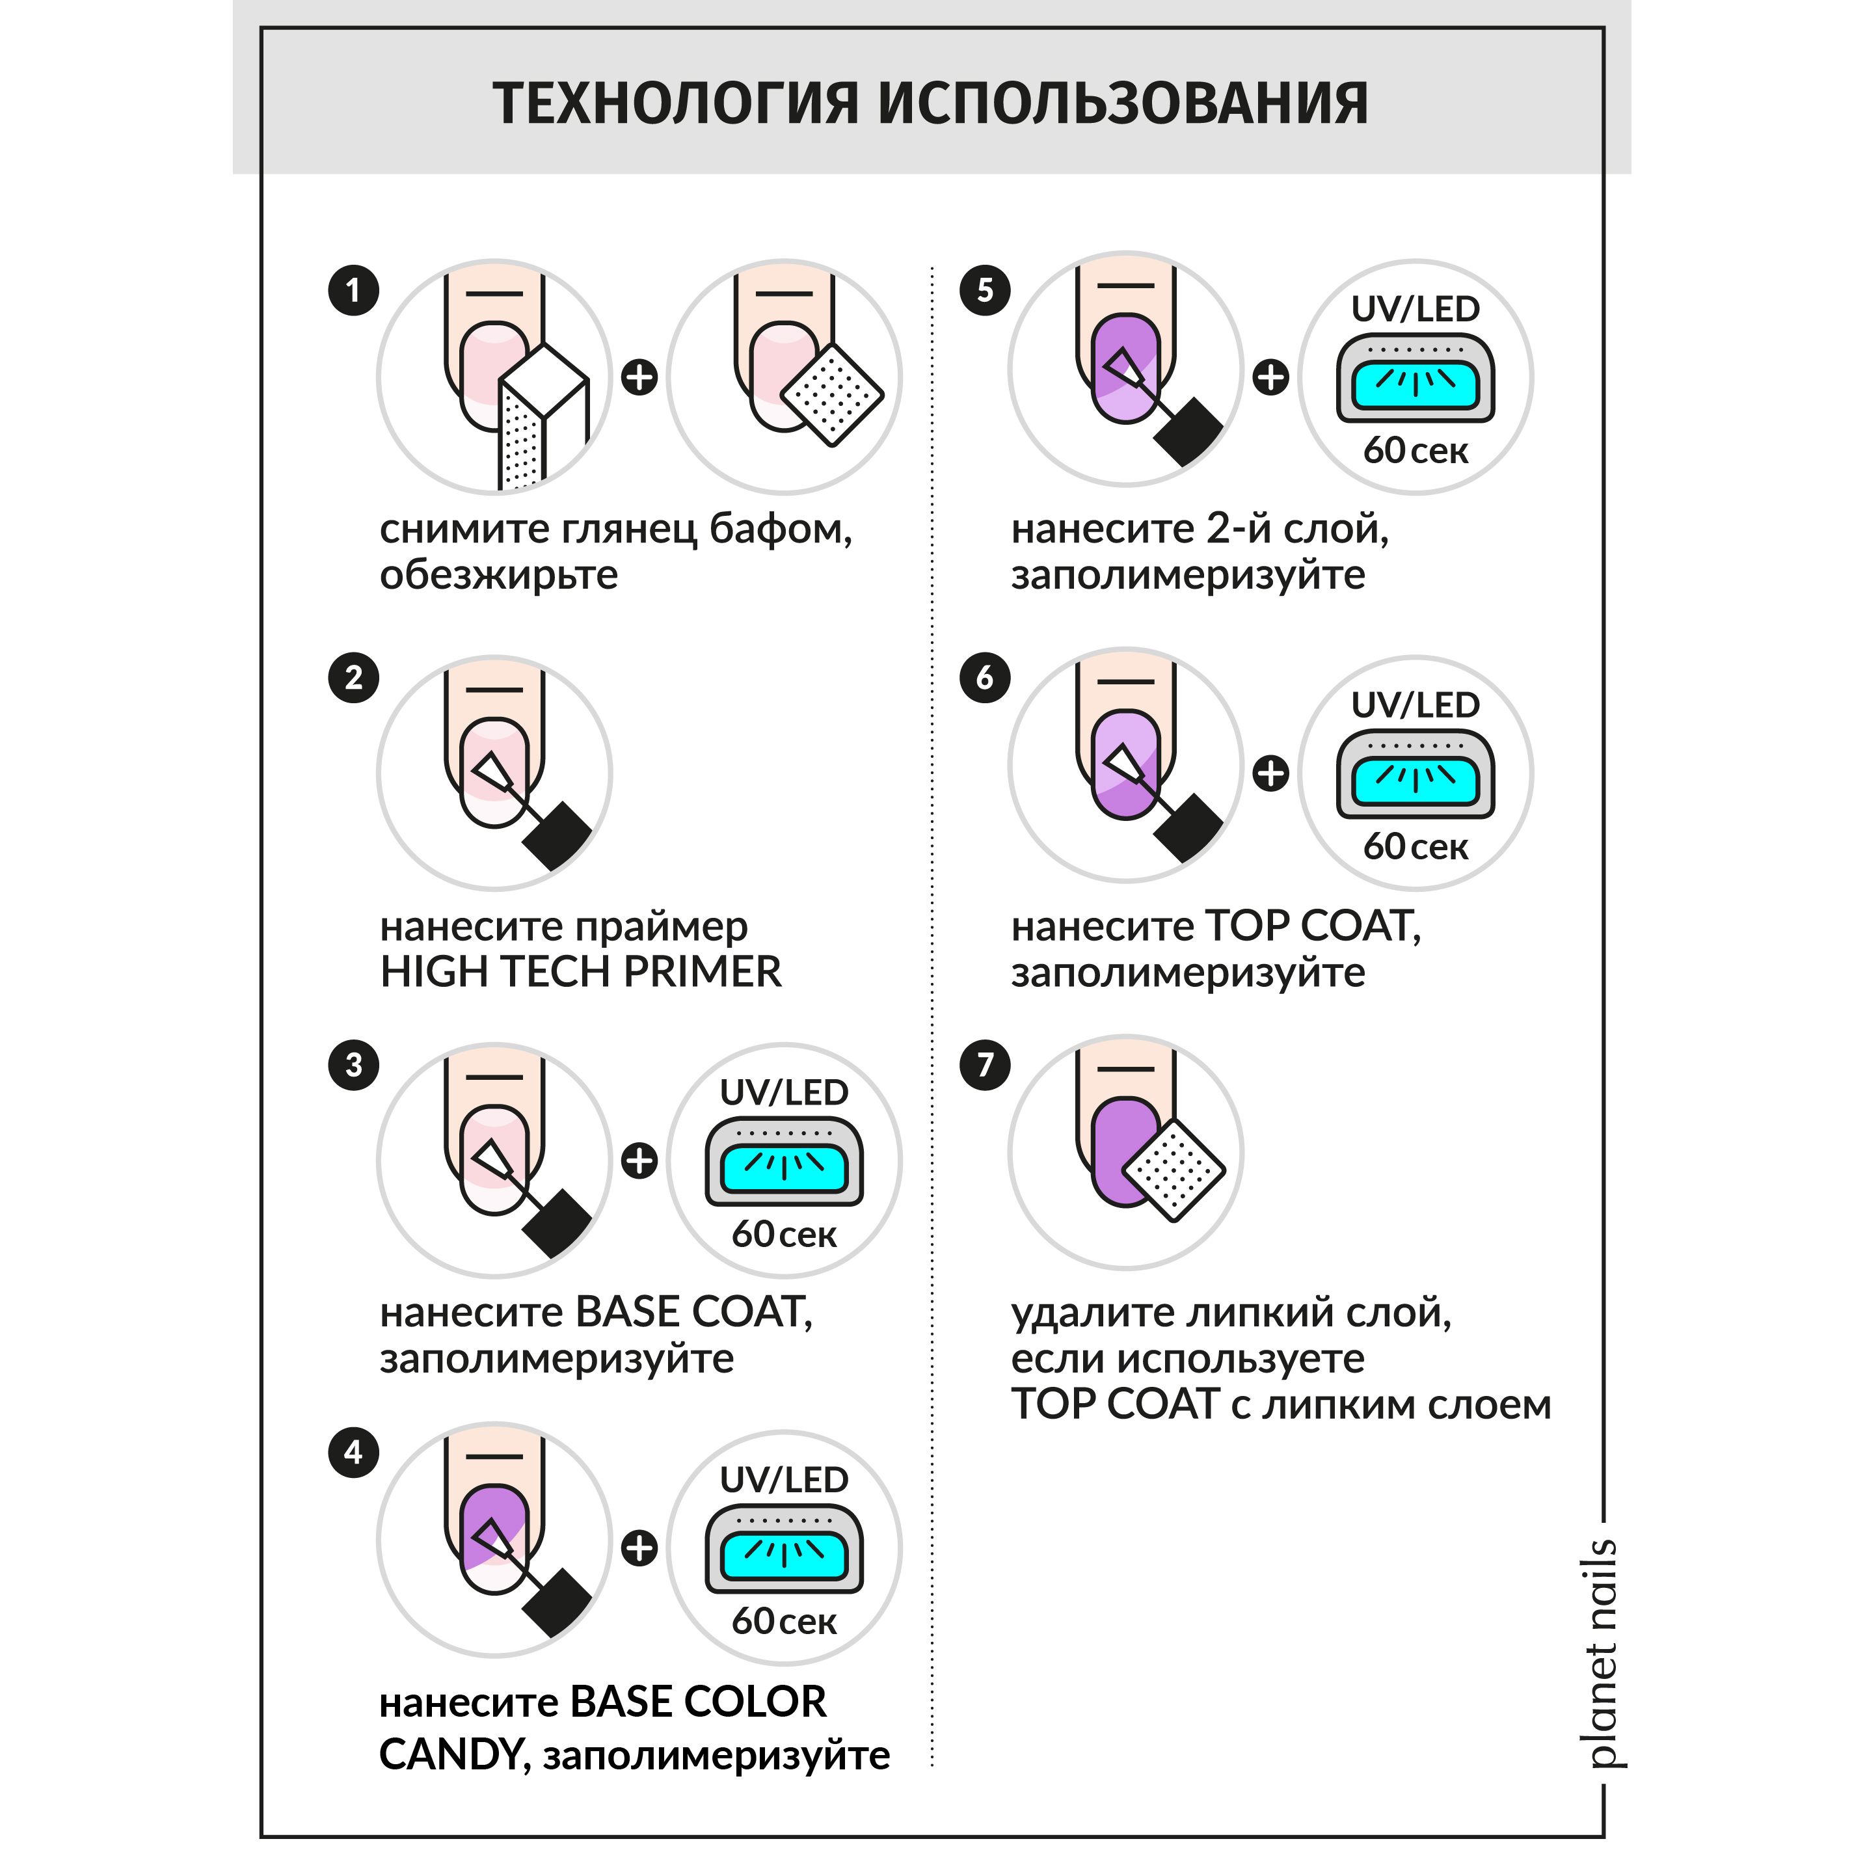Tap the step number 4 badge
[x=353, y=1453]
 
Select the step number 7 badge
[x=985, y=1065]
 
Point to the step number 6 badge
[x=985, y=678]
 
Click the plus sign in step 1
[x=639, y=377]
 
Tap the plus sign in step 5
[x=1270, y=377]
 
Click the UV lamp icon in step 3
[x=784, y=1161]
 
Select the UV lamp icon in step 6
[x=1415, y=774]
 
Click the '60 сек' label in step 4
[x=784, y=1621]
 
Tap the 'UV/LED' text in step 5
[x=1415, y=309]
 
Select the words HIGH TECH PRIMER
[x=580, y=971]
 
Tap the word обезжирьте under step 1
[x=498, y=575]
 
